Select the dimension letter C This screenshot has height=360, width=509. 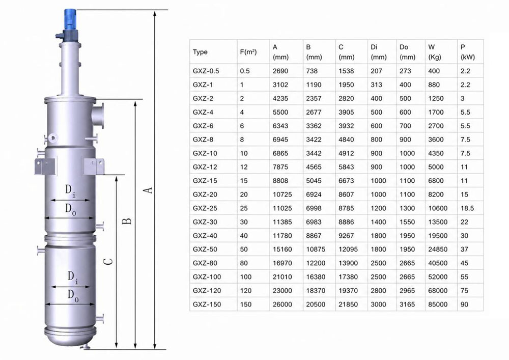(109, 261)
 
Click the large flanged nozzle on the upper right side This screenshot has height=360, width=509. (97, 116)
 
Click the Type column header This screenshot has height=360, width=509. (200, 52)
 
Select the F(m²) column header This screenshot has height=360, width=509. (248, 51)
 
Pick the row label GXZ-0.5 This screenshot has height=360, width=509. (206, 71)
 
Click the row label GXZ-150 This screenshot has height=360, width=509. (207, 304)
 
